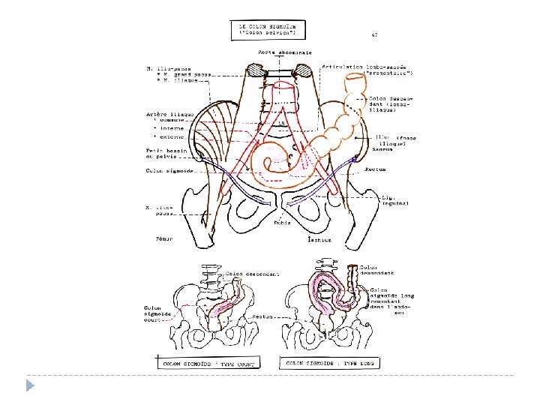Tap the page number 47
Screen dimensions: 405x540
(x=373, y=34)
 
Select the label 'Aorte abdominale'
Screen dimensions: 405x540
(x=277, y=52)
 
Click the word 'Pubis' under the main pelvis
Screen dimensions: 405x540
(x=282, y=222)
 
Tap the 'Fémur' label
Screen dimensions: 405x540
(x=164, y=238)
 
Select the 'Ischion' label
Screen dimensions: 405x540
(x=319, y=240)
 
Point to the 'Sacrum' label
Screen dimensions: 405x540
(x=382, y=149)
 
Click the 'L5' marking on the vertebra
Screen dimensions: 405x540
(x=282, y=122)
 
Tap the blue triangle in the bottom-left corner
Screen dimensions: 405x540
(x=29, y=385)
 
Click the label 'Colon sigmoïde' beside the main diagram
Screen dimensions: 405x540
(x=164, y=170)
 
